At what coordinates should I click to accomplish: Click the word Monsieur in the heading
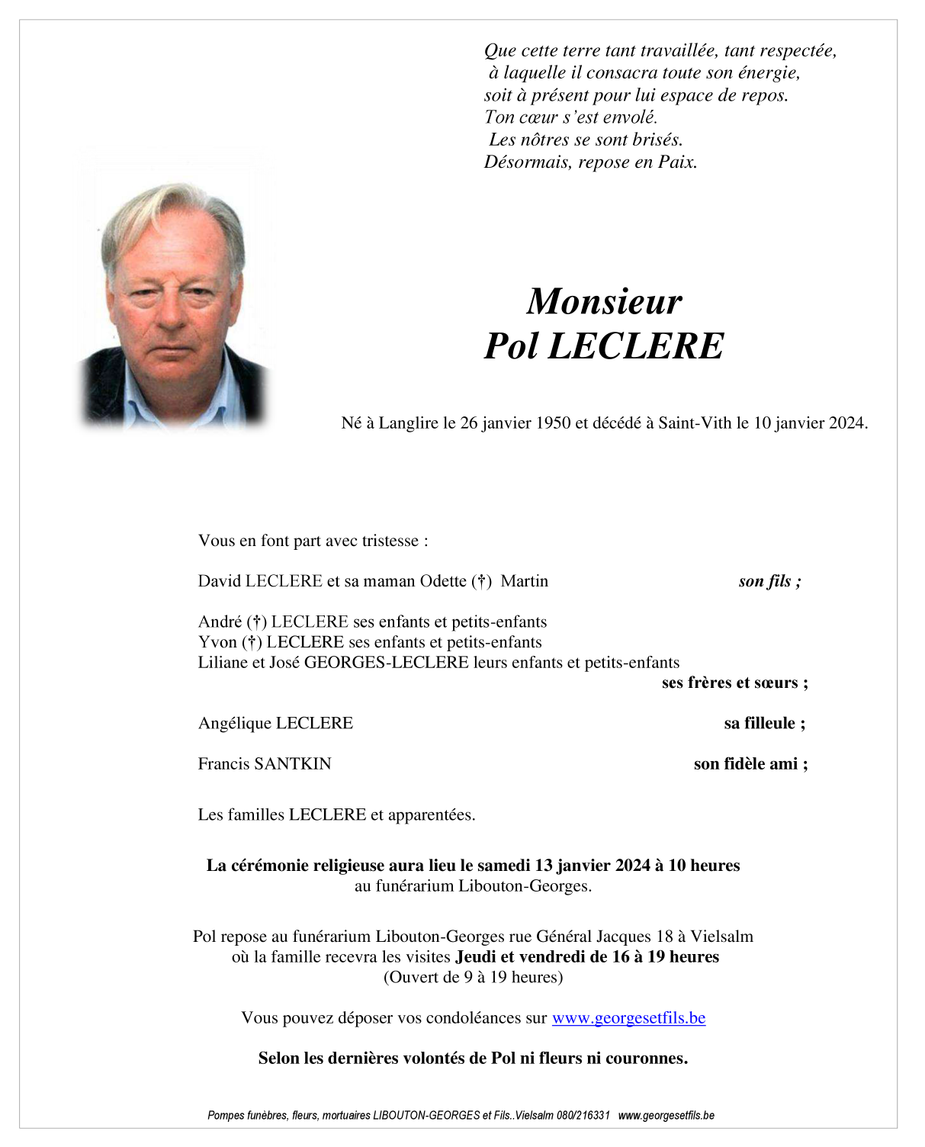604,301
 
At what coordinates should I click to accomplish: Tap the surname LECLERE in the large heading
636,346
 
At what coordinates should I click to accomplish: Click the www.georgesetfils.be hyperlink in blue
628,1018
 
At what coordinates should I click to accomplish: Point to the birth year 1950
553,423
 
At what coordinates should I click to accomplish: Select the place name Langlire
409,423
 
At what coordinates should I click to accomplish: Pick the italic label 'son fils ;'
769,581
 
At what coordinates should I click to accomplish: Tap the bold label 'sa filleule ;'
764,723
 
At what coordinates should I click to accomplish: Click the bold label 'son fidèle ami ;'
750,763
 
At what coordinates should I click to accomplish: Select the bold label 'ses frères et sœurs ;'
734,683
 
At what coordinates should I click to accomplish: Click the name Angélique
234,723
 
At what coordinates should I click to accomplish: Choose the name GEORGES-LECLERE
386,662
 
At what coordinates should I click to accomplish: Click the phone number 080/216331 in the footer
583,1115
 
